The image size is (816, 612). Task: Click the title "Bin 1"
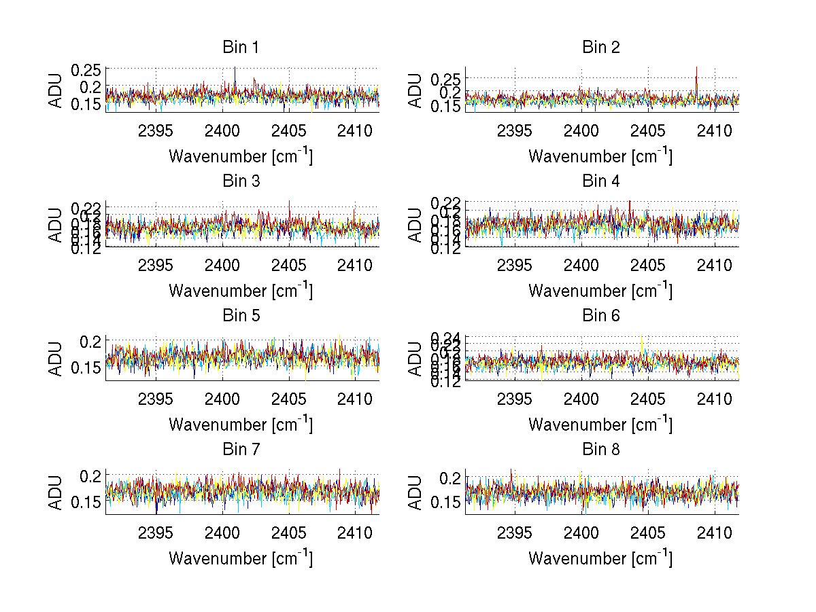[241, 48]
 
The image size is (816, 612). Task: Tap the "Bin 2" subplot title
[600, 48]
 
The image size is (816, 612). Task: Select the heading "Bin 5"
[241, 316]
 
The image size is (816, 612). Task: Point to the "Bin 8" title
[600, 450]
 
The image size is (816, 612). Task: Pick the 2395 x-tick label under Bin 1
[156, 130]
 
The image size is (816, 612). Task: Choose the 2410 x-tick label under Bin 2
[715, 130]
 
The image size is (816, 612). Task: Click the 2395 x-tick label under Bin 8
[515, 533]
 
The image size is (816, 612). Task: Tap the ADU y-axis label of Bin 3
[56, 226]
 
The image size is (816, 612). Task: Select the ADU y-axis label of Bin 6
[415, 359]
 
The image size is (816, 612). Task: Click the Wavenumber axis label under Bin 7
[241, 558]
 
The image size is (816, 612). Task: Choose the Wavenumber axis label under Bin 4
[600, 290]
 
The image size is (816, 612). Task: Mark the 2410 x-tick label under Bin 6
[715, 399]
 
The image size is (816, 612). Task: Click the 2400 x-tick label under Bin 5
[222, 399]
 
